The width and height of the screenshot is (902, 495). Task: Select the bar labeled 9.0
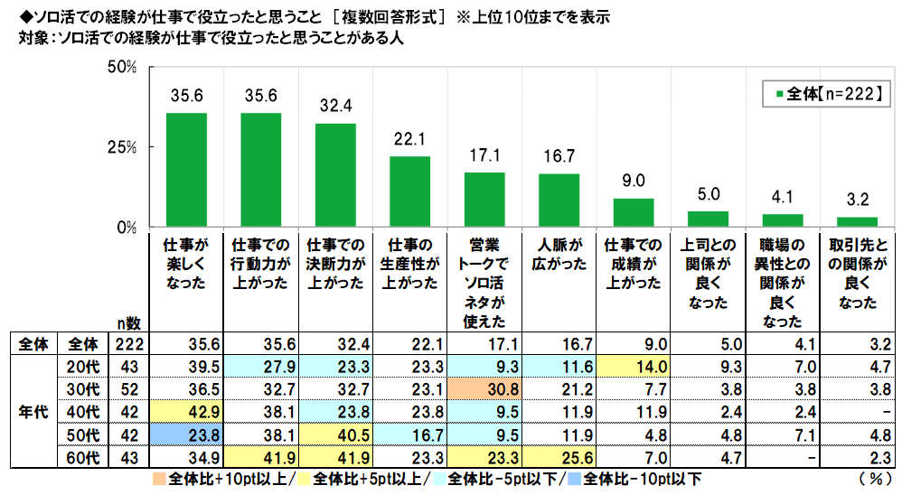pyautogui.click(x=634, y=212)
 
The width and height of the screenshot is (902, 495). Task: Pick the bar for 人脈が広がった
pyautogui.click(x=559, y=200)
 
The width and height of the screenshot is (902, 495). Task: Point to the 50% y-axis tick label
pyautogui.click(x=122, y=68)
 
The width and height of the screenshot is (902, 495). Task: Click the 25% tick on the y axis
pyautogui.click(x=122, y=147)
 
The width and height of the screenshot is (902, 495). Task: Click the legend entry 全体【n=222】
pyautogui.click(x=821, y=92)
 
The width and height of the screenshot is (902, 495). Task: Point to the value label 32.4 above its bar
pyautogui.click(x=335, y=106)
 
